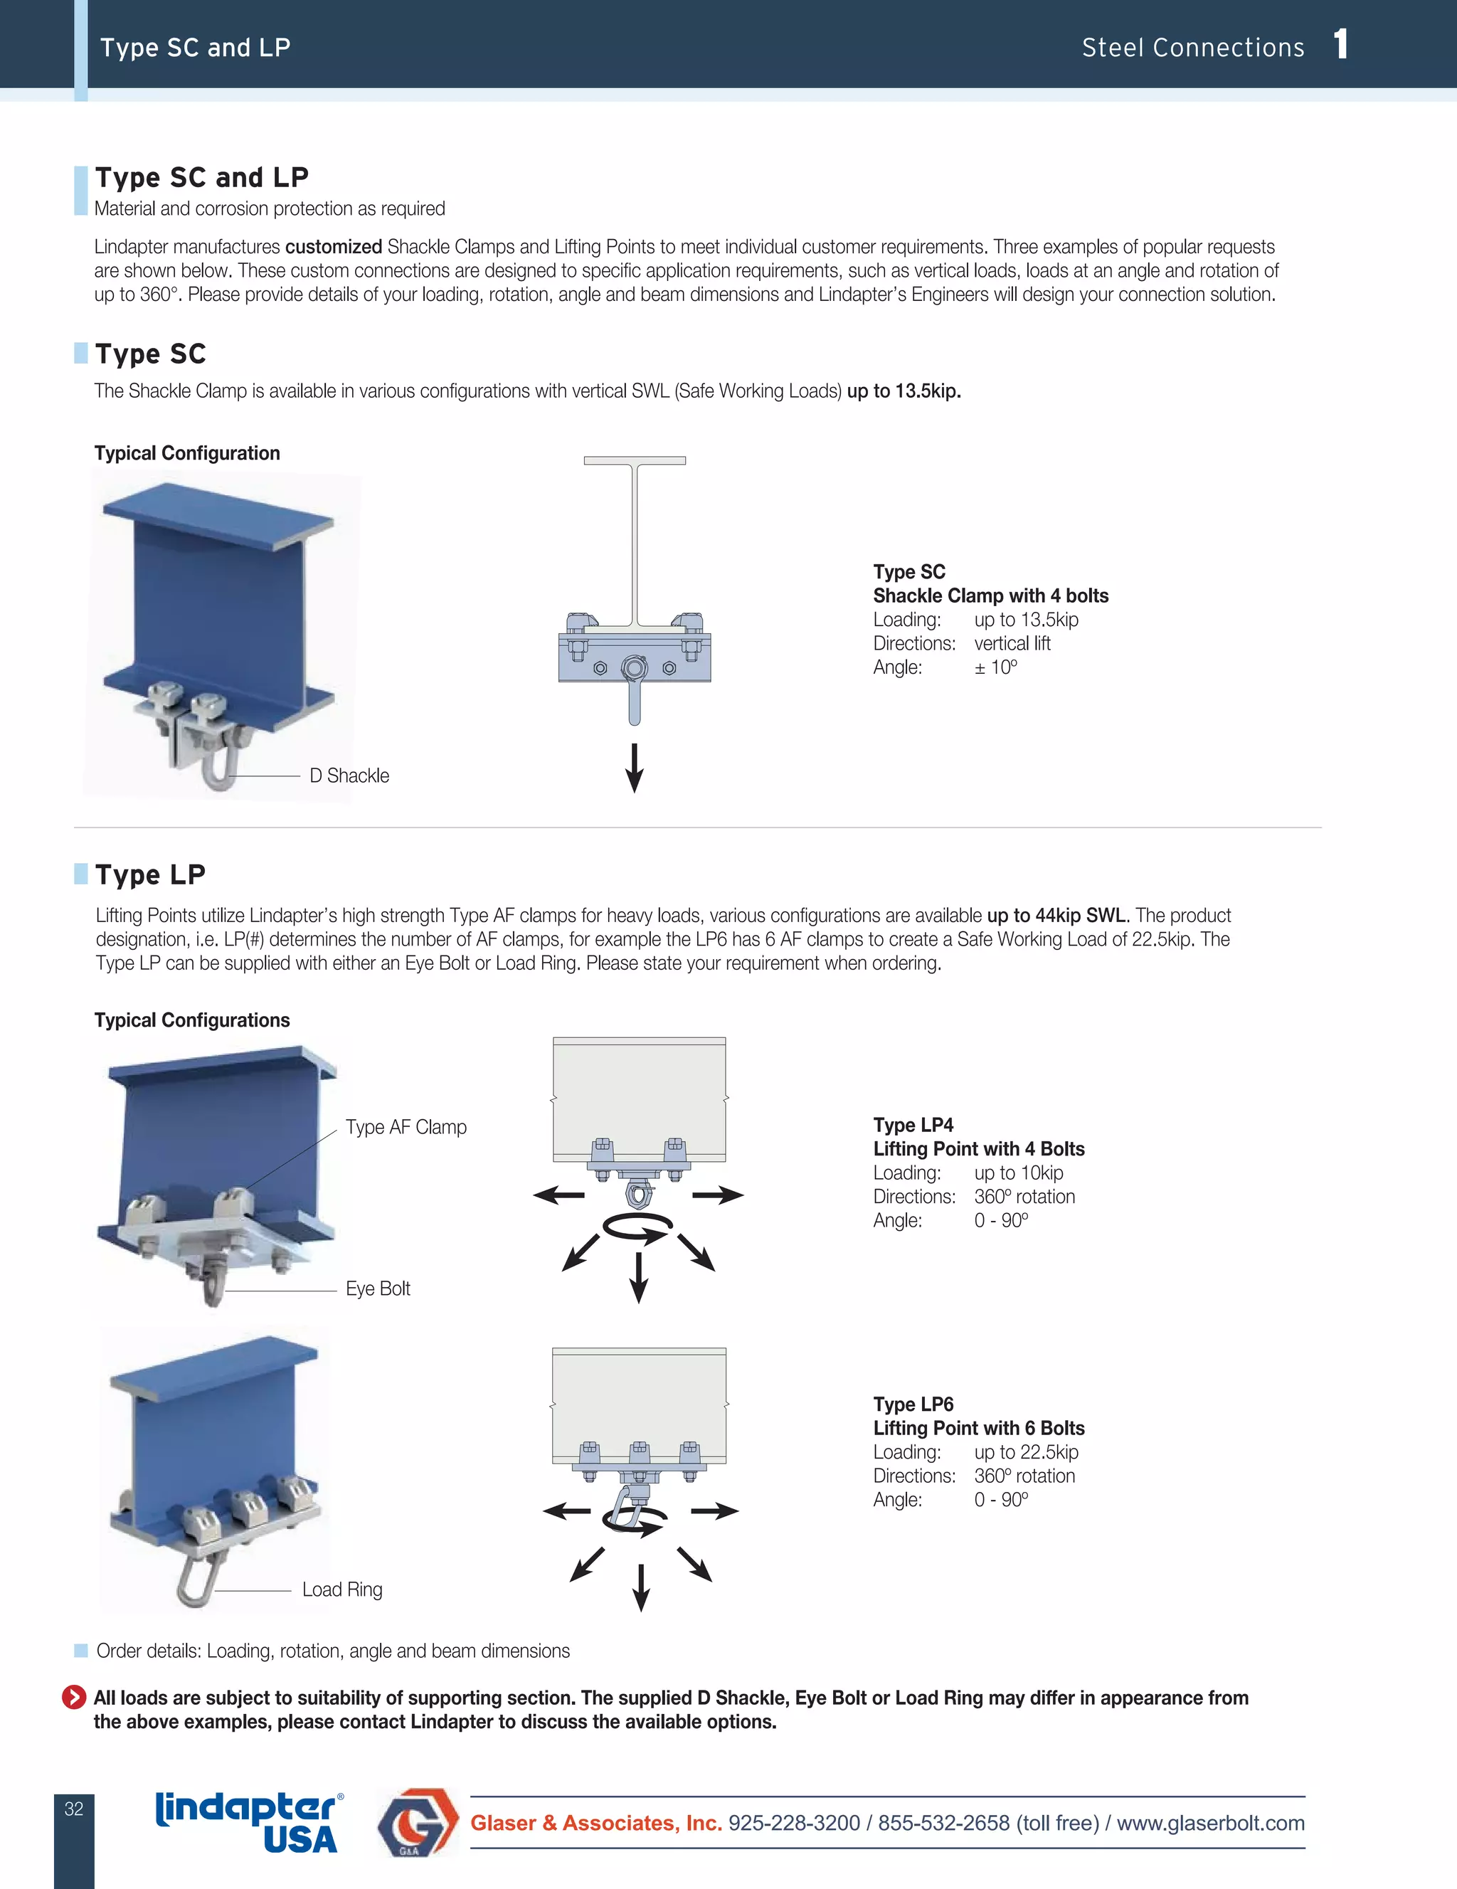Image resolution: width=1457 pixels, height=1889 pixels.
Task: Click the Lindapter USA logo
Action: [x=249, y=1821]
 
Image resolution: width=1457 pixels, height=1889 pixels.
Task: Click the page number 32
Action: [x=73, y=1809]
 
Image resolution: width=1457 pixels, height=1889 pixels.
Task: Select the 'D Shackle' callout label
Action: [x=349, y=776]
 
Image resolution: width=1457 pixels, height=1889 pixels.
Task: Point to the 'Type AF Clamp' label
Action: [x=406, y=1127]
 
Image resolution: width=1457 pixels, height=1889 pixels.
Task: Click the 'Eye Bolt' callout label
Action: [x=378, y=1289]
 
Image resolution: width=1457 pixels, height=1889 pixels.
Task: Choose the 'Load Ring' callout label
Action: [x=342, y=1589]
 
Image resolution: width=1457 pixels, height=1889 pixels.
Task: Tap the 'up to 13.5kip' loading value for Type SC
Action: [x=1026, y=620]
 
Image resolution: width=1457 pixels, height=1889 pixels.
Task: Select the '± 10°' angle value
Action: [x=995, y=667]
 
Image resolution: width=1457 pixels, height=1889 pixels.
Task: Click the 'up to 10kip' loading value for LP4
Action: [x=1019, y=1173]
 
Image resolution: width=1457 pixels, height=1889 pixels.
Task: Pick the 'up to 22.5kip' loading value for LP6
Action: [x=1026, y=1452]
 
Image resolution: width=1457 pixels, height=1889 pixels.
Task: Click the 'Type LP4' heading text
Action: [x=913, y=1126]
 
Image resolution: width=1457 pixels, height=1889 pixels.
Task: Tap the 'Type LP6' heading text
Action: [x=913, y=1404]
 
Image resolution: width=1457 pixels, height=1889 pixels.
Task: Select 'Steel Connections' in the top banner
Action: [x=1192, y=48]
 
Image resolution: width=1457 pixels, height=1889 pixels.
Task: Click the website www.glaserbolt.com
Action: [x=1211, y=1824]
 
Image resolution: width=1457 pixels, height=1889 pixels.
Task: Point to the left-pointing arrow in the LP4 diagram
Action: [x=558, y=1195]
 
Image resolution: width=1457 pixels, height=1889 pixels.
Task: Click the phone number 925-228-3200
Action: [x=794, y=1824]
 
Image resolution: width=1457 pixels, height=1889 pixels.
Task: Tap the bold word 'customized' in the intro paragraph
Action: [x=334, y=248]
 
